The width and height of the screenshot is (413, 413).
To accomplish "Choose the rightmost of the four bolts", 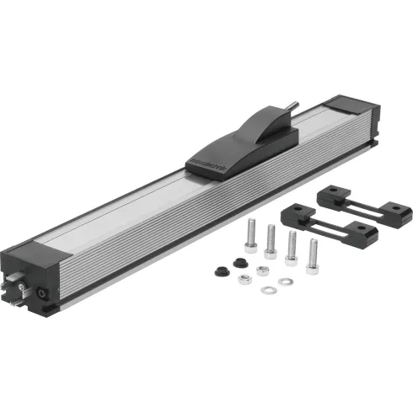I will point(314,250).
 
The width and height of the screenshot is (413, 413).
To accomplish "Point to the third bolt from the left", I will point(292,247).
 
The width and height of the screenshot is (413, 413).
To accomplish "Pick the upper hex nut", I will point(261,269).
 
